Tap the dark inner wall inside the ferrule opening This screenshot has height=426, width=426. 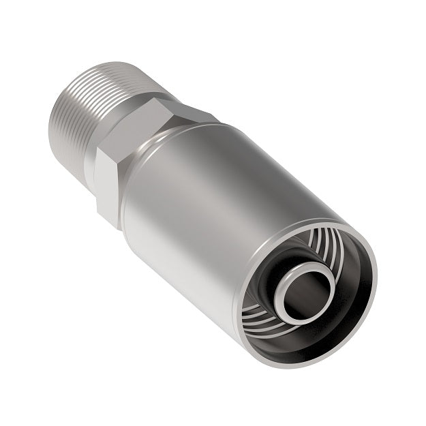(x=354, y=286)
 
